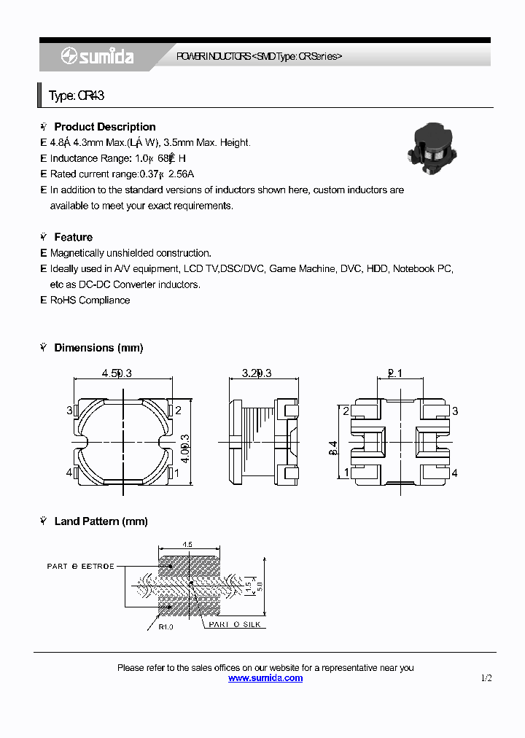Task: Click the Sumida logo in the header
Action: [97, 56]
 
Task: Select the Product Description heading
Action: [104, 127]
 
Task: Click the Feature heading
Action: [73, 237]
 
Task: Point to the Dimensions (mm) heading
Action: [98, 348]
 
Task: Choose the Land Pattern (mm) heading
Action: [101, 521]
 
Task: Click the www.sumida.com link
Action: [265, 678]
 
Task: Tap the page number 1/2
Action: [486, 678]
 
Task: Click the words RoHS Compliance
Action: [90, 300]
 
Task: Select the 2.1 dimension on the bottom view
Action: [394, 373]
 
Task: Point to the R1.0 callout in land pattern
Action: [166, 626]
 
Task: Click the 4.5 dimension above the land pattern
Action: [187, 544]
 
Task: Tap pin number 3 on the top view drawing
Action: [70, 411]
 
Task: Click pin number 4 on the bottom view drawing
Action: [454, 473]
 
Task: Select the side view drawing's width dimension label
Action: [257, 373]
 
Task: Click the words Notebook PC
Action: [423, 269]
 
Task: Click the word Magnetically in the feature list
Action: [78, 253]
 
